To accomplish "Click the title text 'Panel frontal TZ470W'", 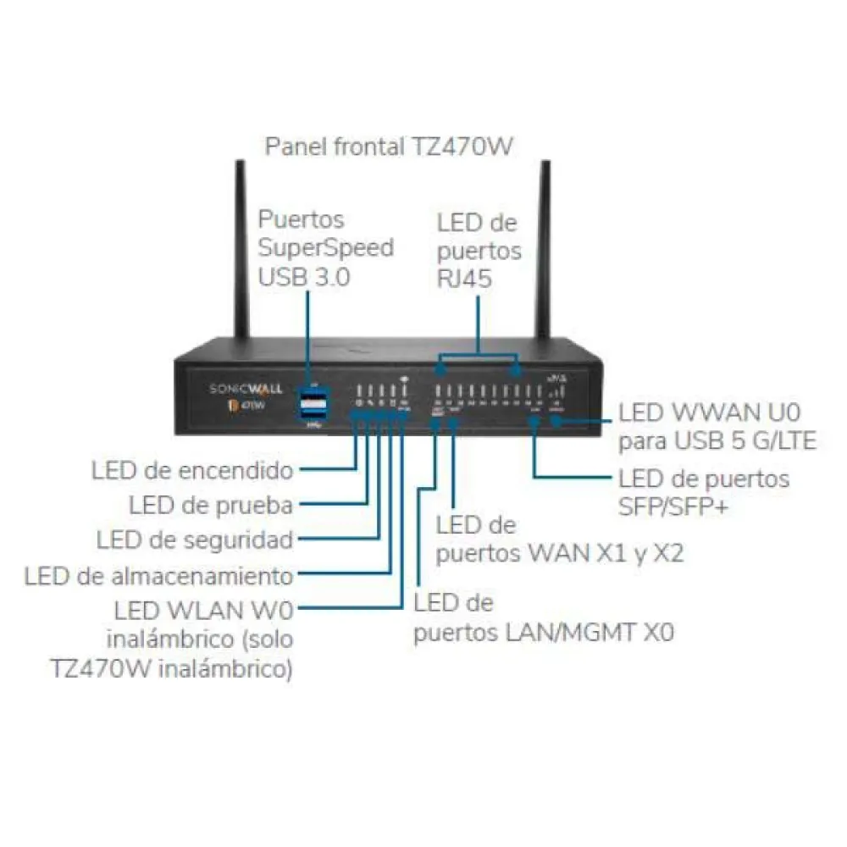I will point(389,146).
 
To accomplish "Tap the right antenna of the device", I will point(545,254).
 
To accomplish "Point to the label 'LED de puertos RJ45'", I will point(479,251).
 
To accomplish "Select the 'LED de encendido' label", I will point(192,470).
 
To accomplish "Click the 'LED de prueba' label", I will point(212,506).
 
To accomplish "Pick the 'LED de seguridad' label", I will point(195,540).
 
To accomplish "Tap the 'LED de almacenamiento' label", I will point(159,577).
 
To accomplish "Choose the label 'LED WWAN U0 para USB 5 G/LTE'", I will point(717,427).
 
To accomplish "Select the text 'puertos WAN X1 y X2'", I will point(560,553).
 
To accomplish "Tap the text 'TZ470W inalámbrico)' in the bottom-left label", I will point(173,668).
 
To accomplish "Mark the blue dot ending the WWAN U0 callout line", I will point(556,420).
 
